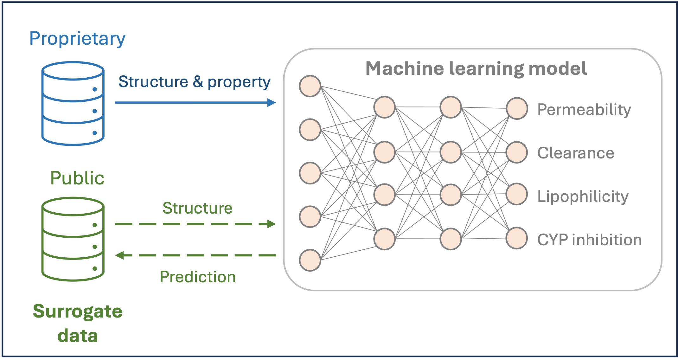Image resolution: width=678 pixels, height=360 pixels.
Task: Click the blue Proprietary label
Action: tap(77, 39)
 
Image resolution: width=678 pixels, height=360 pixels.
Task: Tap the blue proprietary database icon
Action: tap(73, 104)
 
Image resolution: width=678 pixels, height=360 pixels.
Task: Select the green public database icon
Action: tap(73, 239)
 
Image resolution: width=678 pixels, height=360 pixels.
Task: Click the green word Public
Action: tap(77, 178)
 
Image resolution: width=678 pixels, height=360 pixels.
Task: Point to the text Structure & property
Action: tap(194, 82)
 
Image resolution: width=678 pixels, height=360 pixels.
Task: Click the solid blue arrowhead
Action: tap(272, 102)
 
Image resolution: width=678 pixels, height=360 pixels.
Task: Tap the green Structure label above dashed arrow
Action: tap(197, 208)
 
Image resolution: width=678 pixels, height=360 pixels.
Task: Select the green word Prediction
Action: tap(198, 277)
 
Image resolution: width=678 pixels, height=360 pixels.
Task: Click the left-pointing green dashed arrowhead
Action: tap(119, 255)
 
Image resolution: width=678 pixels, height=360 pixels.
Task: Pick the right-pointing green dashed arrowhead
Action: tap(272, 224)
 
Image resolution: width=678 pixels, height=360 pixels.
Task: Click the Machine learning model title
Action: tap(476, 68)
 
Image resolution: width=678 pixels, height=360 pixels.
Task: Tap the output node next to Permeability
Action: tap(517, 108)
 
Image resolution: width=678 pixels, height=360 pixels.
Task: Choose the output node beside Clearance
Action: tap(517, 152)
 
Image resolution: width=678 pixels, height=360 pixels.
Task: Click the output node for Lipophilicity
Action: tap(517, 194)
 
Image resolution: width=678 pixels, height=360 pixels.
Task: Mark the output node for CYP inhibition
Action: tap(517, 238)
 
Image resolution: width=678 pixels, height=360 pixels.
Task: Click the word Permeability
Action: tap(584, 110)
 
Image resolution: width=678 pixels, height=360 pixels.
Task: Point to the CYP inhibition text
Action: tap(589, 240)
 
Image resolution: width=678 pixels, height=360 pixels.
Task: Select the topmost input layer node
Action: tap(310, 86)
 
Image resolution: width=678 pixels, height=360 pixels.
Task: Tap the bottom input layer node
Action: tap(310, 260)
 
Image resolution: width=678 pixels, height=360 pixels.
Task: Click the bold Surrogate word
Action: tap(78, 311)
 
